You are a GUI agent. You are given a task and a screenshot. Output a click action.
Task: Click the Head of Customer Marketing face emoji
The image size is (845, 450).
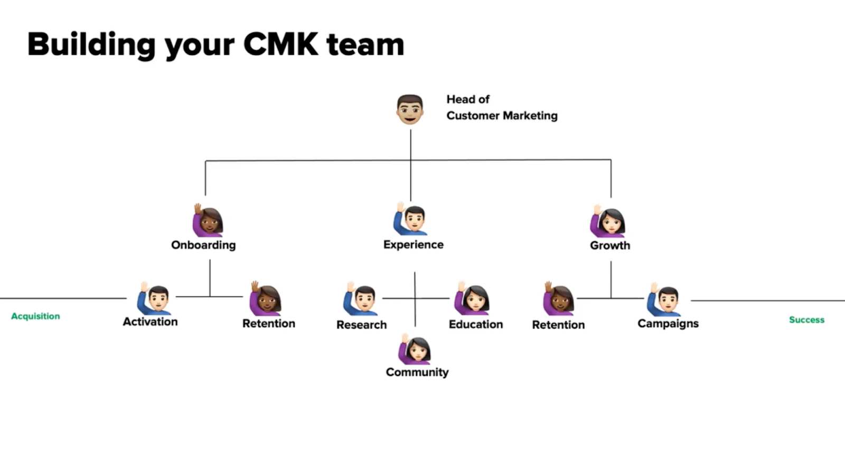pyautogui.click(x=410, y=109)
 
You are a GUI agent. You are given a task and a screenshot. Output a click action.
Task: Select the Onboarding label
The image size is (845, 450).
pyautogui.click(x=203, y=245)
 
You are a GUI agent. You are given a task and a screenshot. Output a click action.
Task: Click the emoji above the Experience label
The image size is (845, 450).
pyautogui.click(x=410, y=220)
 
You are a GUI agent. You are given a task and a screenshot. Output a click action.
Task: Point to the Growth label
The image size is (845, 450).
pyautogui.click(x=610, y=246)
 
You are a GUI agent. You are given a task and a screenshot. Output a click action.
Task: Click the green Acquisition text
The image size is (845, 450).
pyautogui.click(x=35, y=316)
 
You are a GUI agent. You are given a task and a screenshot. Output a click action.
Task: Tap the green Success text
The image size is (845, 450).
pyautogui.click(x=806, y=320)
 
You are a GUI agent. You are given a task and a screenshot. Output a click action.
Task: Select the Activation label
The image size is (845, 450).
pyautogui.click(x=150, y=322)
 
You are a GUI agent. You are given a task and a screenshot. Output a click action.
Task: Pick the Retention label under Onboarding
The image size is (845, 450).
pyautogui.click(x=268, y=323)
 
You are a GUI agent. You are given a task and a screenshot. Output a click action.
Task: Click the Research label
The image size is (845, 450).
pyautogui.click(x=361, y=325)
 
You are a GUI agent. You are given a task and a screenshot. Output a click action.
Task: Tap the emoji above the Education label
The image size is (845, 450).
pyautogui.click(x=472, y=298)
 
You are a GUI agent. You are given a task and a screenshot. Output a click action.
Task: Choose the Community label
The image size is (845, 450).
pyautogui.click(x=417, y=372)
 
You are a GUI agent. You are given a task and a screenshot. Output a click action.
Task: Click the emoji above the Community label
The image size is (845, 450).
pyautogui.click(x=415, y=349)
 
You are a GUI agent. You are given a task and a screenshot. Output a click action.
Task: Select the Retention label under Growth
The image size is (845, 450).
pyautogui.click(x=558, y=325)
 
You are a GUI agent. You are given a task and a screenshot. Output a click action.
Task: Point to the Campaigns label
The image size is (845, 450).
pyautogui.click(x=668, y=323)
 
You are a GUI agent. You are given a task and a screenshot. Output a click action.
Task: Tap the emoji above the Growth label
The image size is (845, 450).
pyautogui.click(x=608, y=221)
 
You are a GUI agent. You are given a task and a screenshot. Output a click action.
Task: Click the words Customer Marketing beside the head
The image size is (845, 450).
pyautogui.click(x=502, y=116)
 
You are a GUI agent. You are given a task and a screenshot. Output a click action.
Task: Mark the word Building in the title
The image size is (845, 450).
pyautogui.click(x=91, y=44)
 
